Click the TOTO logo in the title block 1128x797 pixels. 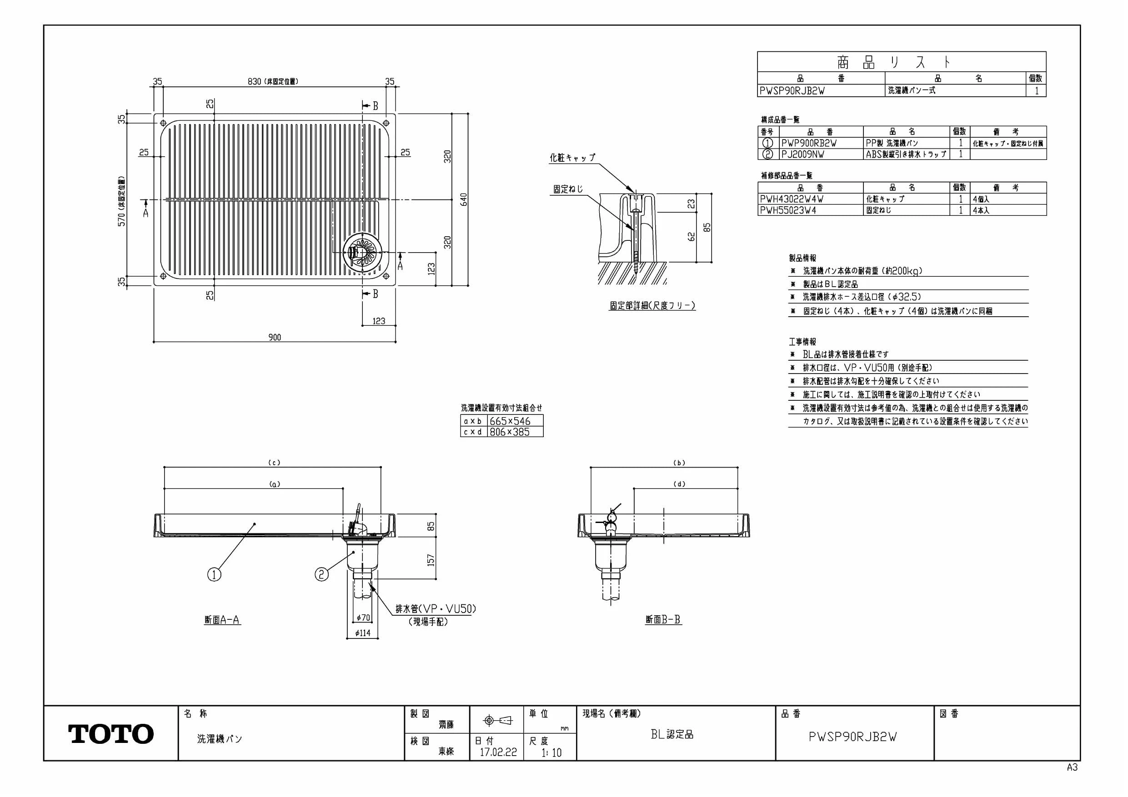click(x=111, y=734)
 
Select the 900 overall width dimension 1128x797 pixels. click(x=275, y=337)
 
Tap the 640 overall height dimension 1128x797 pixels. click(x=464, y=199)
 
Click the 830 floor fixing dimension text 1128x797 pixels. click(x=255, y=81)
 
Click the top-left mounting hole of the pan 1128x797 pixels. click(x=164, y=123)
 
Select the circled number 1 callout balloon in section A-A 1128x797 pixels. click(x=214, y=574)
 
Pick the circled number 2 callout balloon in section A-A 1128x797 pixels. click(x=321, y=574)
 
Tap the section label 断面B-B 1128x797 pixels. click(x=663, y=620)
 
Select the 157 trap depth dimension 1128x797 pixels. click(x=431, y=560)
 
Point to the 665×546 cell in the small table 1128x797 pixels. click(x=516, y=421)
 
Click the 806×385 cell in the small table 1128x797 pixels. click(x=516, y=432)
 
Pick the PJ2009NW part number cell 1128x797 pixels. click(x=821, y=154)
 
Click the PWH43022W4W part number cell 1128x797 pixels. click(x=810, y=199)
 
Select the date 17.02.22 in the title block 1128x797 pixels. click(x=498, y=752)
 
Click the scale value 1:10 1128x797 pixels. click(x=551, y=752)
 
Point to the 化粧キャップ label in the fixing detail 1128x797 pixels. click(x=572, y=158)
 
